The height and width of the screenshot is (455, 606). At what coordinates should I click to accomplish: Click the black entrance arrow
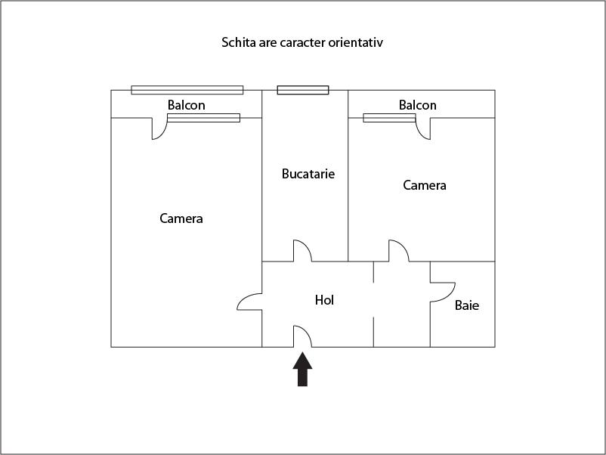(302, 369)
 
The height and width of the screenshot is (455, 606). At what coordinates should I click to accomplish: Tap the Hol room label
(324, 300)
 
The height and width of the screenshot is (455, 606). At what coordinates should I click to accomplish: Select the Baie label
(467, 305)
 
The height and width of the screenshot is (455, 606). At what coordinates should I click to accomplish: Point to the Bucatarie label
(308, 174)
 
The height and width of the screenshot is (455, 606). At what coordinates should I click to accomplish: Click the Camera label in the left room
(181, 218)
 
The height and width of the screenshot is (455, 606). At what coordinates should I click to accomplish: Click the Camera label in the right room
(425, 185)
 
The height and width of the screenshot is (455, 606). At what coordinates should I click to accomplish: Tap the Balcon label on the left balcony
(187, 105)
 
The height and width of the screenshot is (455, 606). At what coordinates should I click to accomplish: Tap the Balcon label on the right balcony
(417, 105)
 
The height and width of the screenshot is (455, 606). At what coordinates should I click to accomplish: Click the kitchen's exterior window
(303, 90)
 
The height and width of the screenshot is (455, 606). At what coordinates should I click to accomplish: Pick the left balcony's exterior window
(187, 90)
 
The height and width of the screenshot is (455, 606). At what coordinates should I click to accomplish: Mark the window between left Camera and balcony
(204, 118)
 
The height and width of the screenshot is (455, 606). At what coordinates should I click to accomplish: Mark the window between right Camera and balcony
(390, 118)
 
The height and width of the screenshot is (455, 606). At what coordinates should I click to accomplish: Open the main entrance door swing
(302, 336)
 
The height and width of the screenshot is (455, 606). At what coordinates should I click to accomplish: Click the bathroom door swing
(443, 292)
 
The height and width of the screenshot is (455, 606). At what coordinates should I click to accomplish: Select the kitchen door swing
(302, 250)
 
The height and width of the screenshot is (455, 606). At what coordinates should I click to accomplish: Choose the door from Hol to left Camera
(249, 302)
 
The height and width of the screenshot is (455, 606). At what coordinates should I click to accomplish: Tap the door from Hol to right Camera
(399, 250)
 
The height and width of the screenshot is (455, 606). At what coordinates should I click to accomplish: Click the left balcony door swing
(159, 128)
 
